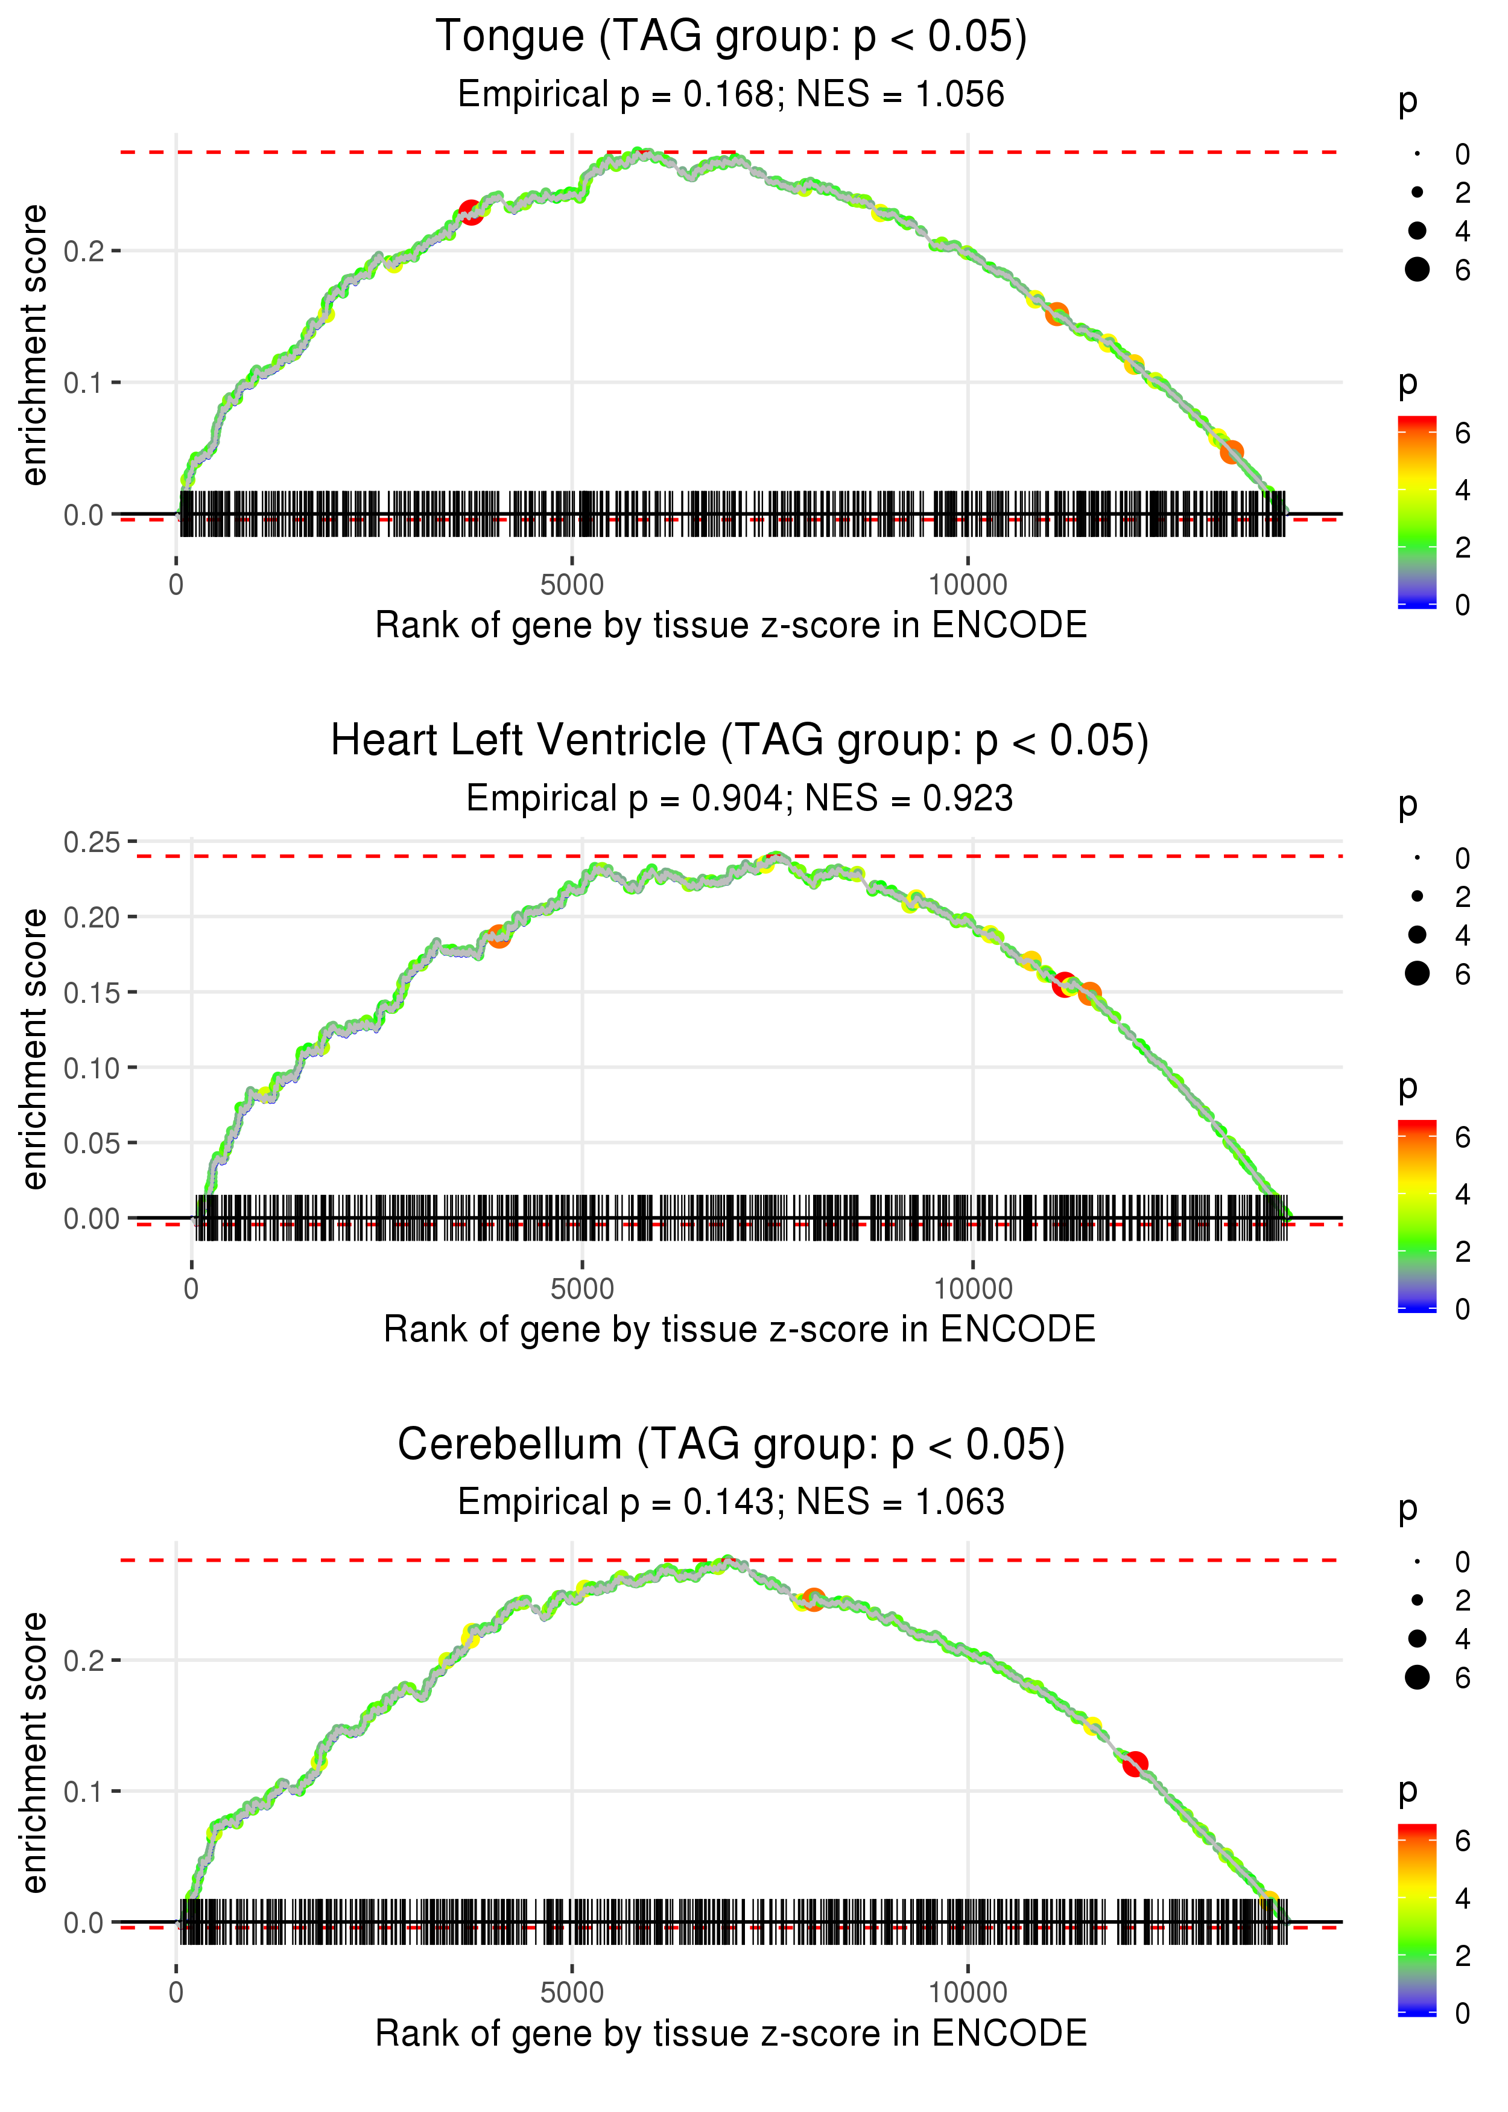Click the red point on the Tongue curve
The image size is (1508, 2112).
click(470, 212)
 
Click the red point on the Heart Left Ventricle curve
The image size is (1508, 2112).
click(1064, 984)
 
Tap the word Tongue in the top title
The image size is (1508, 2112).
click(510, 37)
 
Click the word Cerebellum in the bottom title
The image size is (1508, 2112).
click(510, 1445)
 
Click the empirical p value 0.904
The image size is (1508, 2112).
click(737, 799)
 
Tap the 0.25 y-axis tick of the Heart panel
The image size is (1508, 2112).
click(91, 842)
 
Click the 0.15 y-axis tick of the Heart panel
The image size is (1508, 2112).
click(91, 993)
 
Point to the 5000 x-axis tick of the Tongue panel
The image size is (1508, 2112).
click(572, 585)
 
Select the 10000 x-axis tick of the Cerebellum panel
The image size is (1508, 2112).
click(968, 1993)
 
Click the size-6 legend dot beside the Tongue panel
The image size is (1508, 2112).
click(1417, 269)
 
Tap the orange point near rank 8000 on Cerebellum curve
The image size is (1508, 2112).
click(814, 1599)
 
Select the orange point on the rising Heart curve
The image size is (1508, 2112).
click(499, 936)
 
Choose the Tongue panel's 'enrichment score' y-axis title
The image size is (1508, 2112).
click(34, 346)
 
